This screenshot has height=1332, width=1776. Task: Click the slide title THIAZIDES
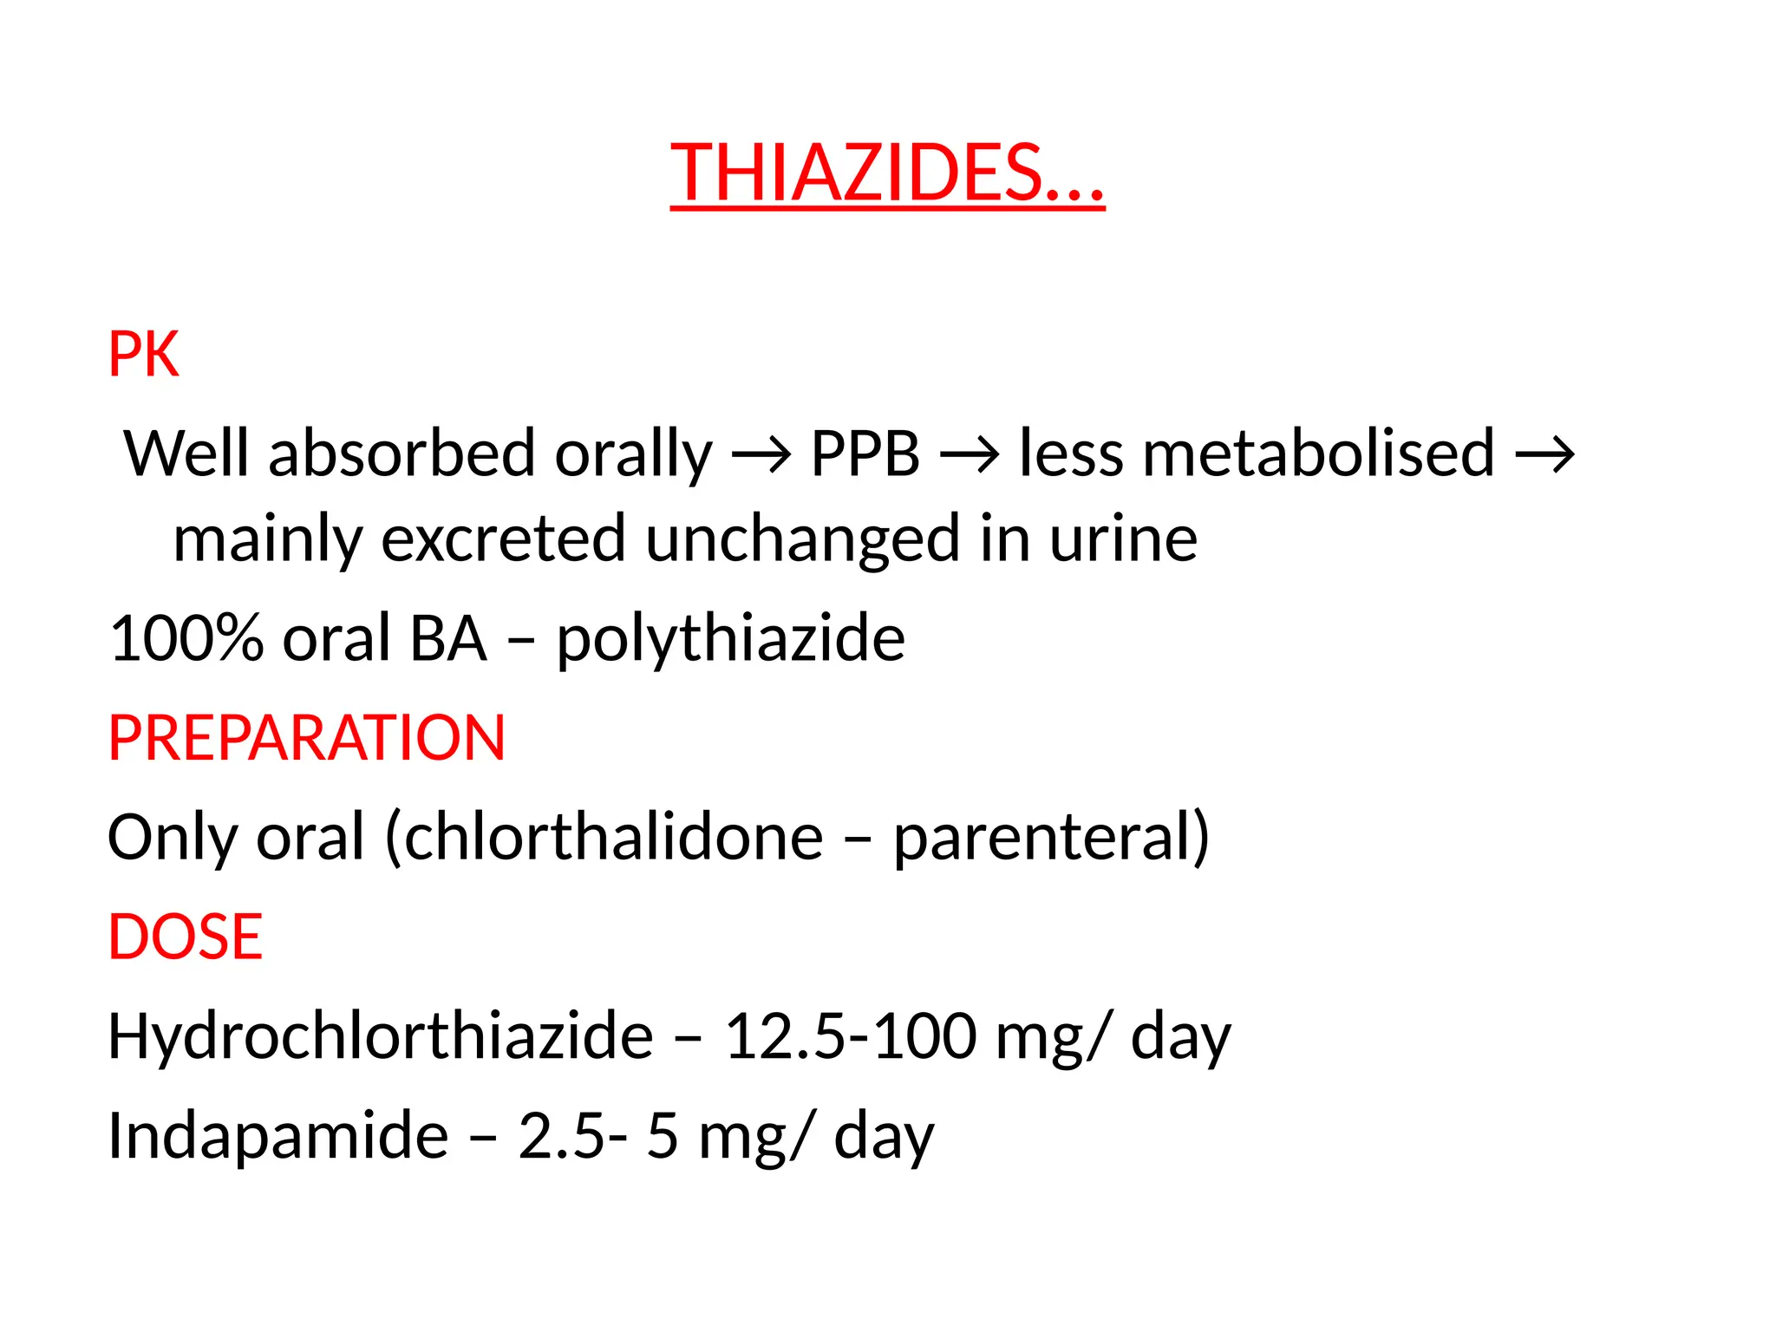(886, 173)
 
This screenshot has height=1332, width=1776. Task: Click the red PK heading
(143, 355)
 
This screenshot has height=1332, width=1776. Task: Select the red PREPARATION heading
(306, 738)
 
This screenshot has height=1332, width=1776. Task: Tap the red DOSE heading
(185, 937)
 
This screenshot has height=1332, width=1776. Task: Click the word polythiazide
(730, 639)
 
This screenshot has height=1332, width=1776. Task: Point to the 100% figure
(186, 639)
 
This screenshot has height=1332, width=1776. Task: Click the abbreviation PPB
(865, 454)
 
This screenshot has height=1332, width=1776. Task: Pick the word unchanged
(802, 539)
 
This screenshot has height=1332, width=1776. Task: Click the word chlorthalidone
(614, 838)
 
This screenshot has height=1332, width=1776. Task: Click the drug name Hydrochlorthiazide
(380, 1036)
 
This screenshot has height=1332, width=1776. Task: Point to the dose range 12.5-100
(850, 1036)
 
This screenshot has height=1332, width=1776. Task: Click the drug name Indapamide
(277, 1136)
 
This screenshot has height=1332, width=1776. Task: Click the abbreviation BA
(447, 639)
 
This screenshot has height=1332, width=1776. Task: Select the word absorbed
(402, 454)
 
